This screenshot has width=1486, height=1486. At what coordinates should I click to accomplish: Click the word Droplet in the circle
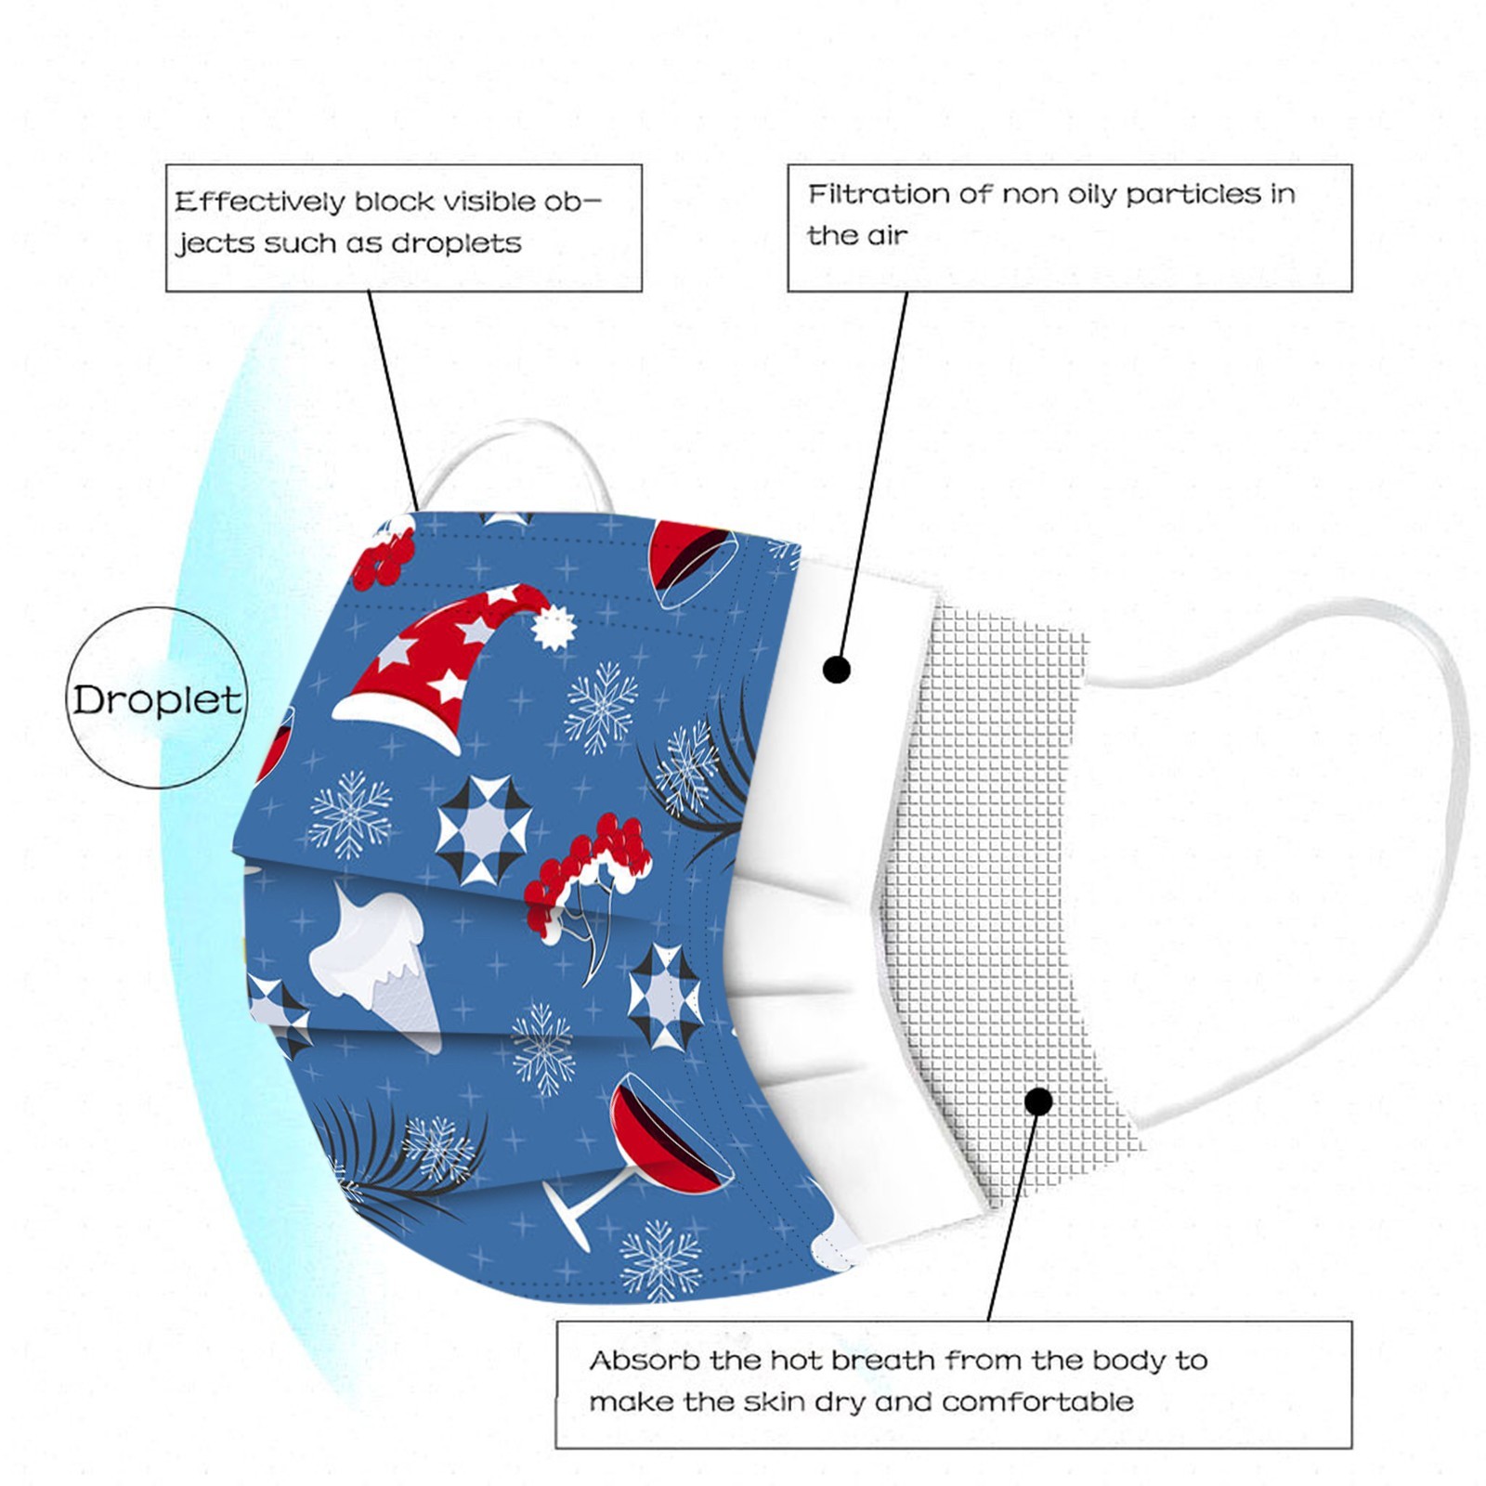(157, 699)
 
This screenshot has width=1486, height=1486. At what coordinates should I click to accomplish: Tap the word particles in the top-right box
(1193, 194)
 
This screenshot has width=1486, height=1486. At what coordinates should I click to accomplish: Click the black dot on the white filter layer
(837, 669)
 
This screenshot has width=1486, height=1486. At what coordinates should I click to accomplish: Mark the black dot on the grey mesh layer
(1039, 1101)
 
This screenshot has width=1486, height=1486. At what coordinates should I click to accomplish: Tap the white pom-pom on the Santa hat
(554, 628)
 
